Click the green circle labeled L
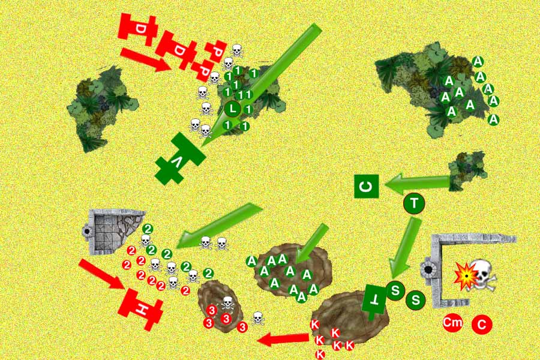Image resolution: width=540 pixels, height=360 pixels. coord(233,109)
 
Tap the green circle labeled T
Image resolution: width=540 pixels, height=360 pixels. coord(414,203)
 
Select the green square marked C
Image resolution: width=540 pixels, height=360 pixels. coord(367,187)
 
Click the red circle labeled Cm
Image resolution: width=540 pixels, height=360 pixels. coord(452,323)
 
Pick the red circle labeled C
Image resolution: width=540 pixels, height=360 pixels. coord(481,324)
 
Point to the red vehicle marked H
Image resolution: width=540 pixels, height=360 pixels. coord(140,309)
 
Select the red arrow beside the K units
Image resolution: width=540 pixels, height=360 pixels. coord(283,340)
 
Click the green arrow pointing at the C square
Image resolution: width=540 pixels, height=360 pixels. coord(418,183)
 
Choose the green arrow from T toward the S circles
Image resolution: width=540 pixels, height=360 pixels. coord(405,248)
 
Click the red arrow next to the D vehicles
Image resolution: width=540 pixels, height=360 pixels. coord(146,59)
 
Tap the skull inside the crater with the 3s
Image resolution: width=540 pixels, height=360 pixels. coord(227,303)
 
